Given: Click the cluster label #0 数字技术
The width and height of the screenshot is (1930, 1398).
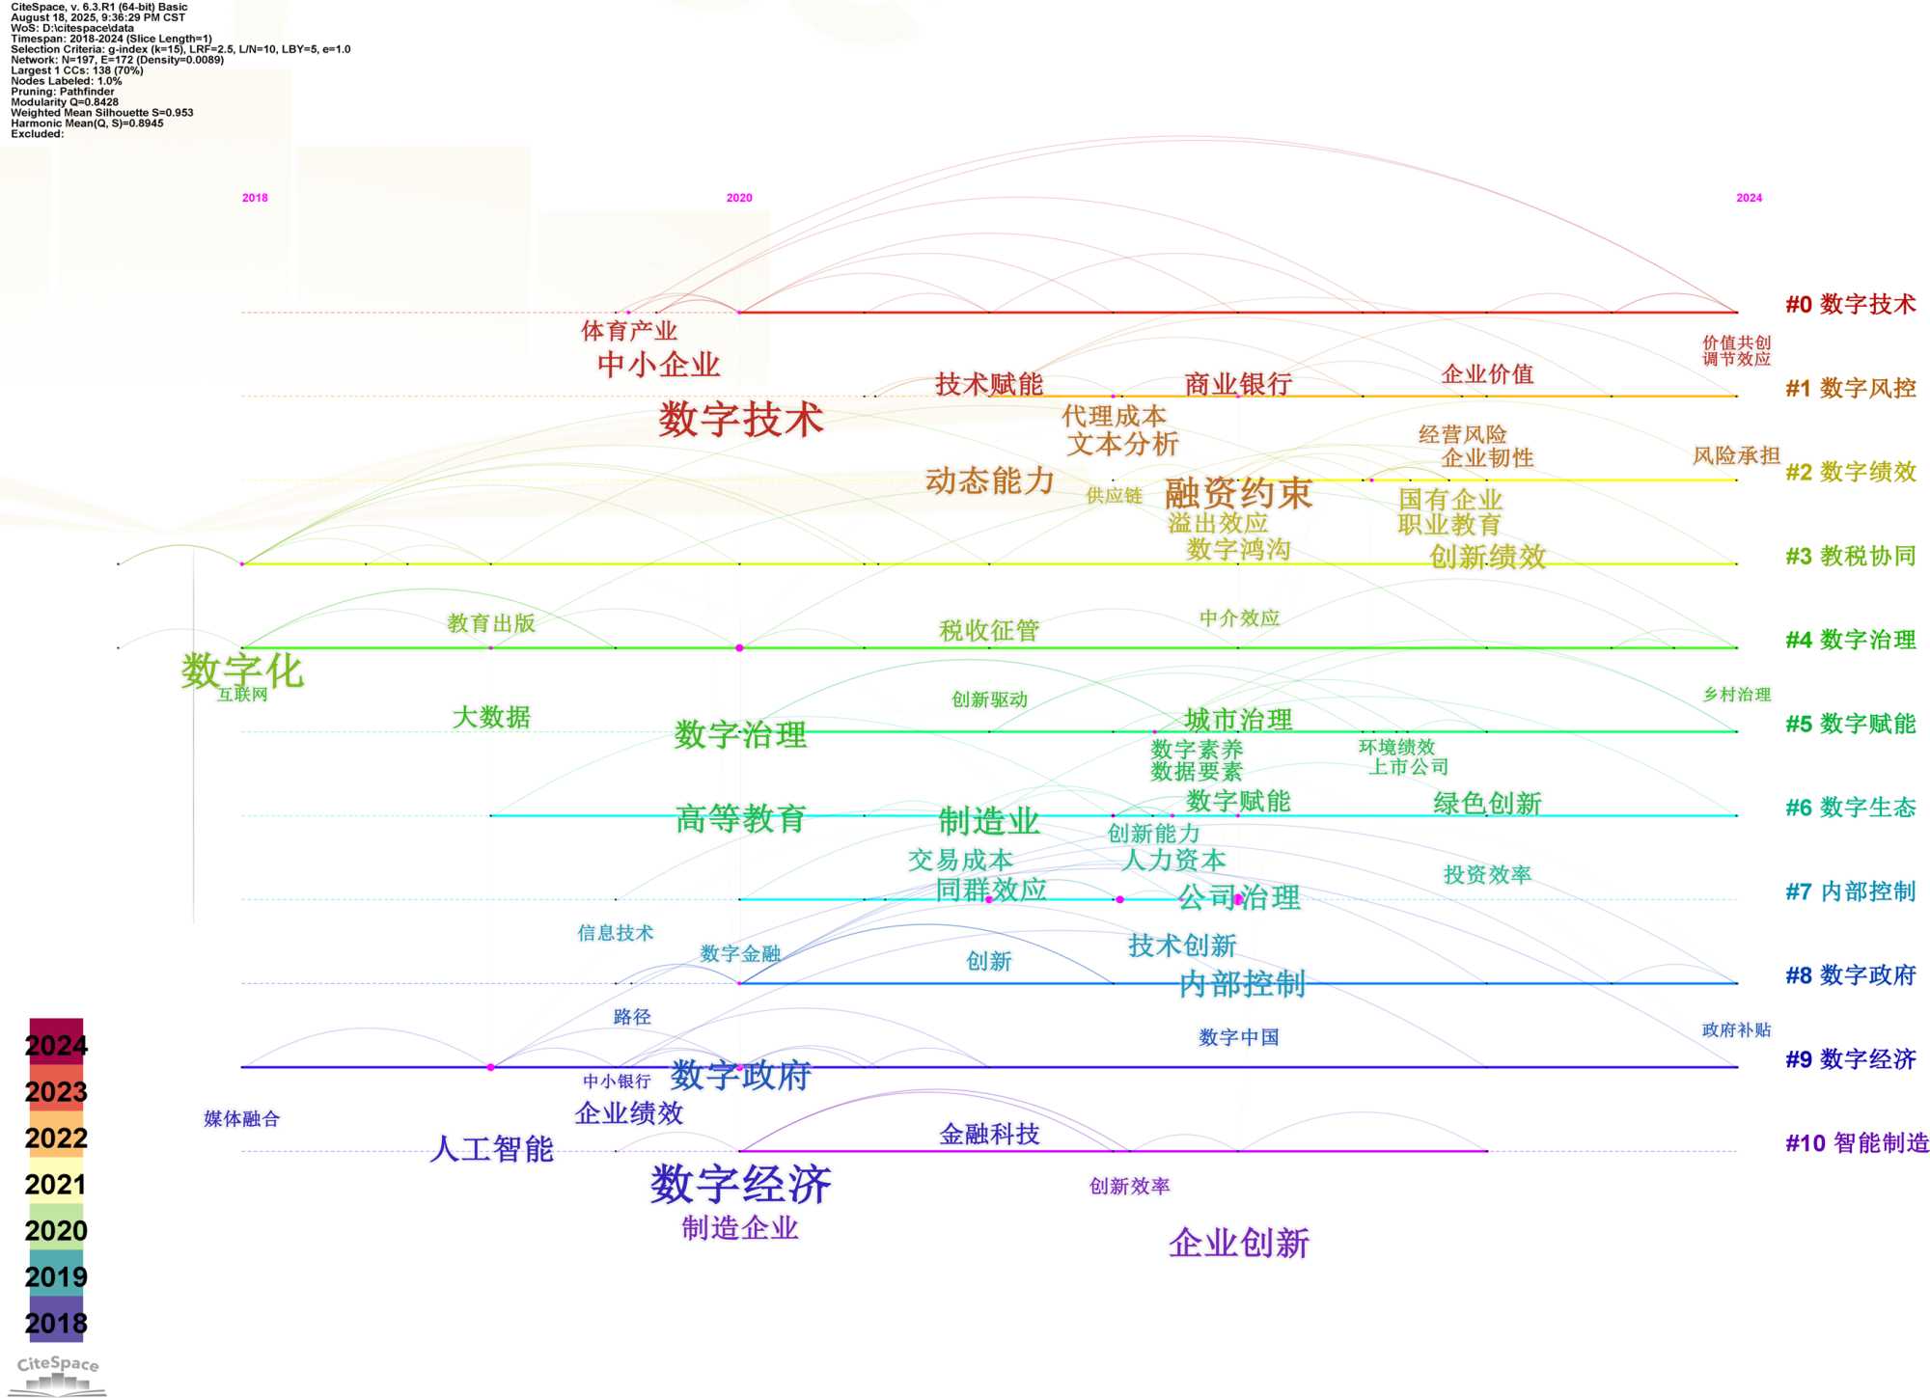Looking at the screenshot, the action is click(1850, 305).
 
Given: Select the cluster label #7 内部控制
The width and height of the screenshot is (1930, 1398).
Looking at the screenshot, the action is click(1850, 891).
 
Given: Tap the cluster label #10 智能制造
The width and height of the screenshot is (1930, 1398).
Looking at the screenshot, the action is click(1857, 1143).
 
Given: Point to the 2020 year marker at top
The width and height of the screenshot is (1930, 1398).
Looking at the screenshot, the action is click(739, 198).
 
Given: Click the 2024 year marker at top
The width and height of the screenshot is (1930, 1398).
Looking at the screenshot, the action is click(1749, 198).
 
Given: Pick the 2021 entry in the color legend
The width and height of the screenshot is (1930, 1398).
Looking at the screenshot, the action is click(56, 1185).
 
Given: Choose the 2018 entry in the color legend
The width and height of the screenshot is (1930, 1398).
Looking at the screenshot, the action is click(56, 1324).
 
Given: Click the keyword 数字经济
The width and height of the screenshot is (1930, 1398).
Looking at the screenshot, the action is click(740, 1184).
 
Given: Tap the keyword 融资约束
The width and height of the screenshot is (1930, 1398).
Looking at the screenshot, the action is click(1238, 494).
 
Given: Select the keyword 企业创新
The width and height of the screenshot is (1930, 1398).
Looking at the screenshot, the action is click(1239, 1244).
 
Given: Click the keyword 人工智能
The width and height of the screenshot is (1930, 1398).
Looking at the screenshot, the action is click(492, 1149).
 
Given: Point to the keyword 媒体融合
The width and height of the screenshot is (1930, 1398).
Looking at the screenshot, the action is click(241, 1119).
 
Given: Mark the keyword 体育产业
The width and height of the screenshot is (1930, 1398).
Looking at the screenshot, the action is click(629, 331).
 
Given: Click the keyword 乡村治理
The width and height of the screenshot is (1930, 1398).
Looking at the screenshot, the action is click(1736, 695).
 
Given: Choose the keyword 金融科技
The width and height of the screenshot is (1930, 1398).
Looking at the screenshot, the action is click(989, 1135).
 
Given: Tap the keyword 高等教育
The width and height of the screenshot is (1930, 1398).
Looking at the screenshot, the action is click(740, 819).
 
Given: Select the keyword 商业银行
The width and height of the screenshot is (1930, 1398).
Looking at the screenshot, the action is click(1238, 384).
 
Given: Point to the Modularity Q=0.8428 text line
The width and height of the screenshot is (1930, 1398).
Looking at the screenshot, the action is click(65, 102).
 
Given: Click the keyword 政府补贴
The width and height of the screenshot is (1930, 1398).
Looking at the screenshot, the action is click(1736, 1030).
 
